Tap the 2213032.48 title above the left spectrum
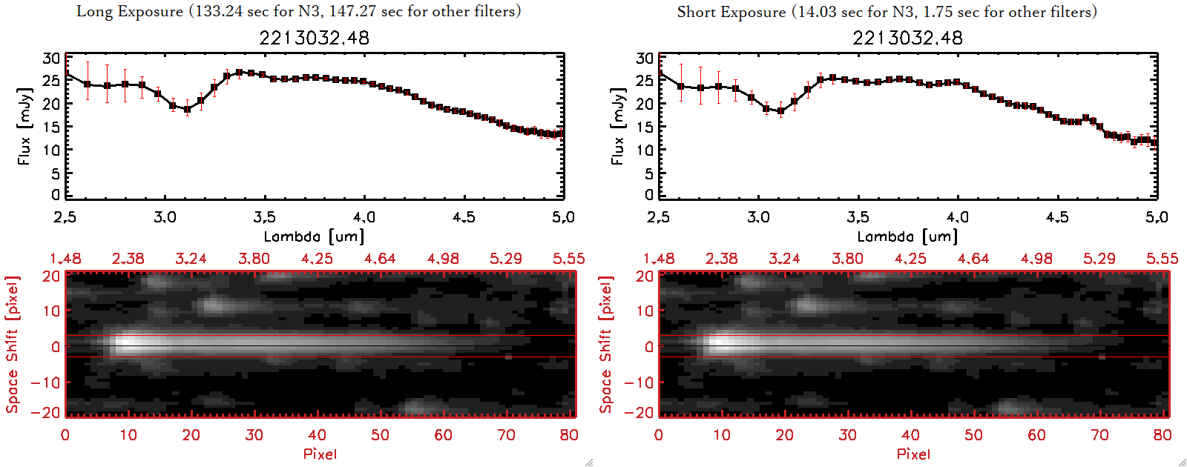coord(314,38)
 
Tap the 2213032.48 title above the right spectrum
coord(907,38)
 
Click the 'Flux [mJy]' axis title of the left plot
coord(24,126)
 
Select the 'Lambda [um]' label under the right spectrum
coord(907,236)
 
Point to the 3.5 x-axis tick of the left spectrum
coord(264,217)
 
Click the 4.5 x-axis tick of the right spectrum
coord(1057,217)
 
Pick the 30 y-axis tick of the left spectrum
coord(51,59)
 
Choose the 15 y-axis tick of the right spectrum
coord(645,127)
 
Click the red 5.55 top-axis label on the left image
coord(568,259)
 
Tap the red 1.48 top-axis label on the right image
coord(659,259)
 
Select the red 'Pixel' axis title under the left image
coord(320,454)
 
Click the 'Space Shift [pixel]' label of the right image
coord(605,345)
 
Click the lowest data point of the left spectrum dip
coord(187,109)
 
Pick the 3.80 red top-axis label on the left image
coord(254,259)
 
